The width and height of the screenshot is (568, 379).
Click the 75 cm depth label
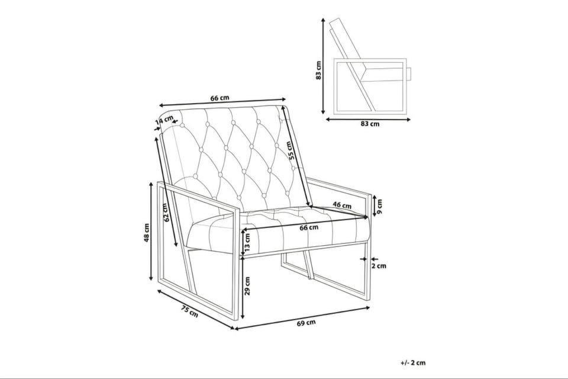pyautogui.click(x=190, y=312)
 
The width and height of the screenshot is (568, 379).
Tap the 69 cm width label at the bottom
pyautogui.click(x=306, y=322)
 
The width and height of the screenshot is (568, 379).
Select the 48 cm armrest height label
pyautogui.click(x=146, y=232)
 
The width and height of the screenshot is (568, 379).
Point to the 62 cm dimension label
pyautogui.click(x=166, y=212)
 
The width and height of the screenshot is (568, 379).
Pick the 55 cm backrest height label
pyautogui.click(x=290, y=150)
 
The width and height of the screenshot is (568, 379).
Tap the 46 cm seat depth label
pyautogui.click(x=342, y=205)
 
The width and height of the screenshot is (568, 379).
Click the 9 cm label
pyautogui.click(x=379, y=207)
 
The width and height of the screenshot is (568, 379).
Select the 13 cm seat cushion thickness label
pyautogui.click(x=247, y=242)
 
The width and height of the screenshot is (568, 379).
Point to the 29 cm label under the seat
pyautogui.click(x=247, y=286)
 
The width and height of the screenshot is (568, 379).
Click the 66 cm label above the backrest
pyautogui.click(x=220, y=98)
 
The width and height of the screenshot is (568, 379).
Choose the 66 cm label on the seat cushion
pyautogui.click(x=309, y=227)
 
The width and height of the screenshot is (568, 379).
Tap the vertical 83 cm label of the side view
pyautogui.click(x=318, y=70)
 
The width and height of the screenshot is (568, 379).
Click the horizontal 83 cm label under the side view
pyautogui.click(x=370, y=124)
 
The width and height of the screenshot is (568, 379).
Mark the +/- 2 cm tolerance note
pyautogui.click(x=414, y=362)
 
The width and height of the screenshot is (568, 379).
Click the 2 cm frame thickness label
pyautogui.click(x=379, y=266)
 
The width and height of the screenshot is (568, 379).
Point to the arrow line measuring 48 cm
pyautogui.click(x=151, y=232)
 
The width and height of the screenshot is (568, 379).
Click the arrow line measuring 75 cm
pyautogui.click(x=196, y=309)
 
